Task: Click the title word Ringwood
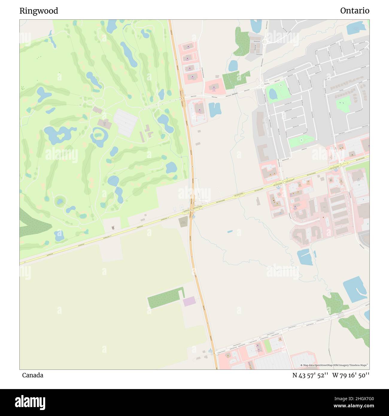pos(39,11)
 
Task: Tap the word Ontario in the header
pos(355,11)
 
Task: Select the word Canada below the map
pos(32,375)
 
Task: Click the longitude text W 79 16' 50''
pos(351,375)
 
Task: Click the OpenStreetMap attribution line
pos(334,365)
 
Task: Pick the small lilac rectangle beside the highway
pos(189,301)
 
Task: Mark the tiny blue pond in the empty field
pos(230,232)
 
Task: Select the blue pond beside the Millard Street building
pos(215,110)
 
